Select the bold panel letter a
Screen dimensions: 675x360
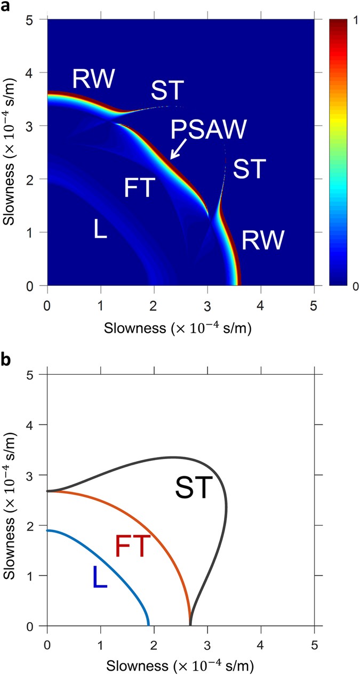click(x=6, y=7)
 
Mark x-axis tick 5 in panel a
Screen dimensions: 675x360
click(x=314, y=299)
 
